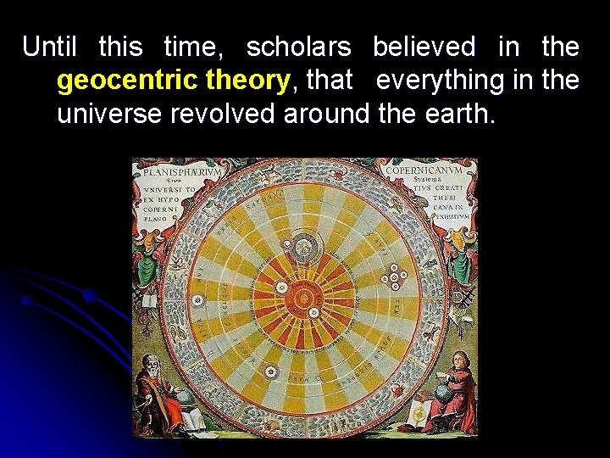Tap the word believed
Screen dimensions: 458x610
[424, 47]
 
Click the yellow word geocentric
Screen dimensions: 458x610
[128, 81]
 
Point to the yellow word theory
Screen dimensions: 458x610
[247, 81]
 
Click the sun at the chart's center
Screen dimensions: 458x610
[303, 298]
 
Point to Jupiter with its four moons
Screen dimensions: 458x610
[393, 276]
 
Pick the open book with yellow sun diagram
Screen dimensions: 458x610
[420, 414]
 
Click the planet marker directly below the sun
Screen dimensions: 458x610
[271, 371]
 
